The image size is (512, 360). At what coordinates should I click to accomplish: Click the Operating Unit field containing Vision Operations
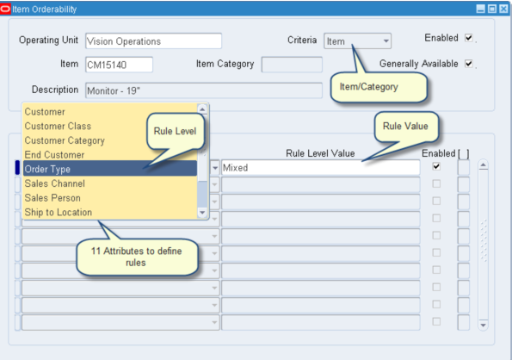(x=152, y=40)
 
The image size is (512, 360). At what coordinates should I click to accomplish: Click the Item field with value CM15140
(x=118, y=65)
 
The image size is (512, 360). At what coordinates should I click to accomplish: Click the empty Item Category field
(x=291, y=65)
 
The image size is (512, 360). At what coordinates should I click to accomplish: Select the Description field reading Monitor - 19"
(x=202, y=90)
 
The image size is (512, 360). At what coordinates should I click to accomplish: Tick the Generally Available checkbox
(x=469, y=64)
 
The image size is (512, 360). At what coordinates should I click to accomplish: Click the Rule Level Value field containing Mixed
(x=320, y=168)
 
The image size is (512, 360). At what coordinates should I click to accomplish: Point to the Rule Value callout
(x=404, y=126)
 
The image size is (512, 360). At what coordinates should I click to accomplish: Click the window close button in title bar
(x=503, y=9)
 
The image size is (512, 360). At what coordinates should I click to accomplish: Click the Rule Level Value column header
(x=320, y=153)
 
